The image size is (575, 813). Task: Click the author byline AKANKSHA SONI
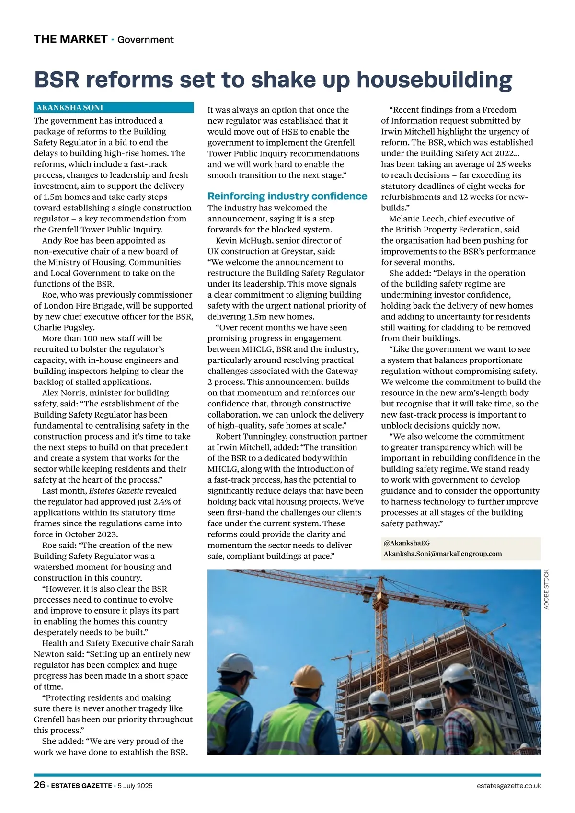point(70,108)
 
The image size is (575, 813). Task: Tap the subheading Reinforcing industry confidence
point(287,196)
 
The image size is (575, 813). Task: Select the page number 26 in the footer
point(39,785)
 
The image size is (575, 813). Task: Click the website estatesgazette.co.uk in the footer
point(509,786)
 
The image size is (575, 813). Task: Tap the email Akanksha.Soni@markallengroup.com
point(443,554)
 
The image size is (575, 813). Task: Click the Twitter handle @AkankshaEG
point(407,543)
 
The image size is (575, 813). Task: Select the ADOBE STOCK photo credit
point(547,590)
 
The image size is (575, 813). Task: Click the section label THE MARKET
point(70,39)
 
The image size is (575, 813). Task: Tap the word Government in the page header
point(145,40)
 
